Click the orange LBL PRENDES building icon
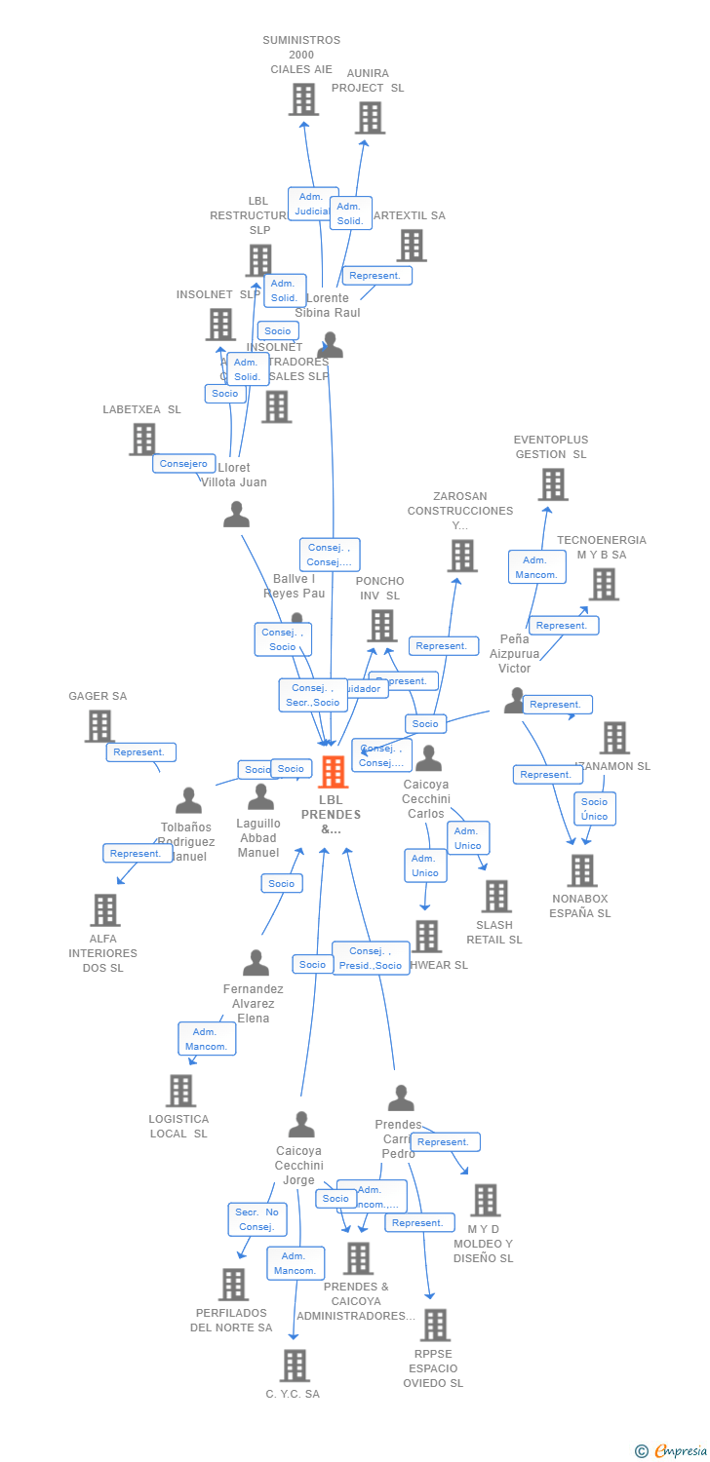coord(333,772)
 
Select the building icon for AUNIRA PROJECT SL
coord(370,118)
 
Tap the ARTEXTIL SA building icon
coord(412,246)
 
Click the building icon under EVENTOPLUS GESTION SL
coord(552,484)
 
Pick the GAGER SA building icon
coord(99,726)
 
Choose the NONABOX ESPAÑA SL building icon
coord(581,870)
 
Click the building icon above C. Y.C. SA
coord(295,1366)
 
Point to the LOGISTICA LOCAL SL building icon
coord(180,1091)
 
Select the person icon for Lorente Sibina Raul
coord(331,345)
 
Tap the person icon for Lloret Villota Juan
coord(236,515)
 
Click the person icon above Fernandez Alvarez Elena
coord(256,963)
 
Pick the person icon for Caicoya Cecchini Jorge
coord(300,1125)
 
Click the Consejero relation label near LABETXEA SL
coord(183,464)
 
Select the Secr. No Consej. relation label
coord(257,1219)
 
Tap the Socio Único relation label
coord(594,809)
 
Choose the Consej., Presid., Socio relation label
coord(371,958)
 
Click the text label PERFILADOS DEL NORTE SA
coord(231,1320)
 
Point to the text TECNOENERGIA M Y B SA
coord(601,548)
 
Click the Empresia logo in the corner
coord(672,1451)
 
